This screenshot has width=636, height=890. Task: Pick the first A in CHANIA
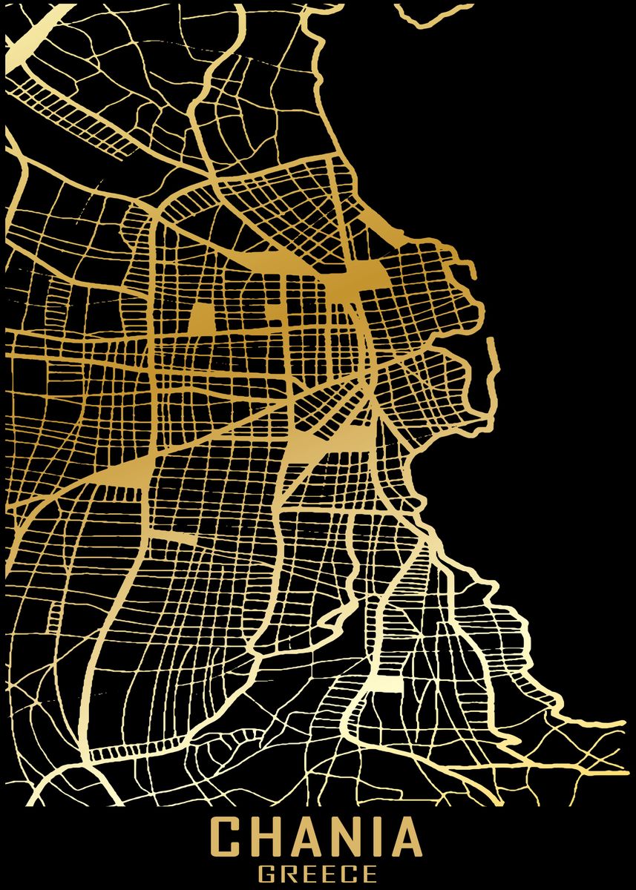[307, 838]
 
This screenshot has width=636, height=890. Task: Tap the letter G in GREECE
[266, 875]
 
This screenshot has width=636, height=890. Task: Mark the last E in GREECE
[370, 875]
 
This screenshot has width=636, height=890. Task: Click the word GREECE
[318, 875]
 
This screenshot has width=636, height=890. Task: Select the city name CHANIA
[317, 838]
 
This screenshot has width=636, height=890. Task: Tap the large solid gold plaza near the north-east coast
[356, 278]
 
